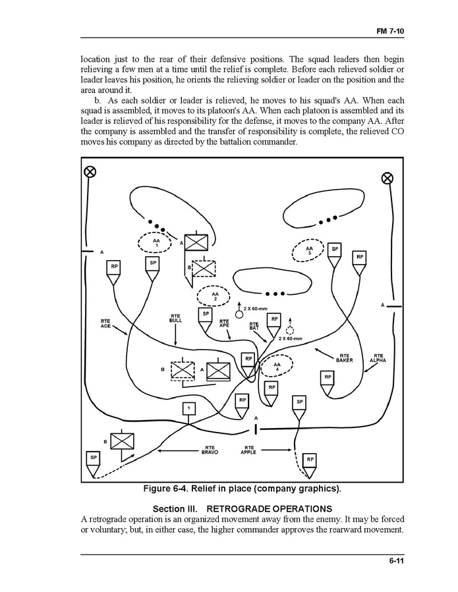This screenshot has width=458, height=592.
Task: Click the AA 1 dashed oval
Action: click(x=156, y=243)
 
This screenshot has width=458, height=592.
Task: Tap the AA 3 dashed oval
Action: click(x=309, y=250)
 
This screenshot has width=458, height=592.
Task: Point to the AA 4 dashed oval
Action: click(x=277, y=366)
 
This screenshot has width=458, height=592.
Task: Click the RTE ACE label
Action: click(x=105, y=324)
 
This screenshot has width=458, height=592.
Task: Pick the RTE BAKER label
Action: click(x=345, y=358)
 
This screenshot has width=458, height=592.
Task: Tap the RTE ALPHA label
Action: click(x=378, y=358)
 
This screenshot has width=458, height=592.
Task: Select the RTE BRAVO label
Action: click(x=210, y=450)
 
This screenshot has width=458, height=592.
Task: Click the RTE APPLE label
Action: click(x=248, y=450)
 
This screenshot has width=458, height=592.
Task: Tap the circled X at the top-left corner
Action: click(x=90, y=172)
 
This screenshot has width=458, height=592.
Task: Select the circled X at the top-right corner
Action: click(x=388, y=178)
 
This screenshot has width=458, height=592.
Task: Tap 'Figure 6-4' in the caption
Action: click(x=171, y=489)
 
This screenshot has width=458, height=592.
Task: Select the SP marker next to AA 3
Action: click(x=335, y=250)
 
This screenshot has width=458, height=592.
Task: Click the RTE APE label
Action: click(x=224, y=323)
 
